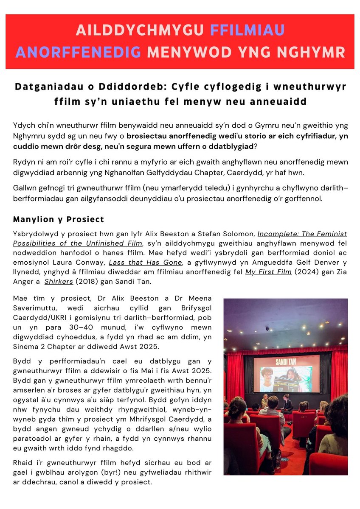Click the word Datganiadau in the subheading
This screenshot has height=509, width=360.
[47, 87]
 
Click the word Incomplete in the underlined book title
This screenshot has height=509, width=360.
[277, 233]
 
